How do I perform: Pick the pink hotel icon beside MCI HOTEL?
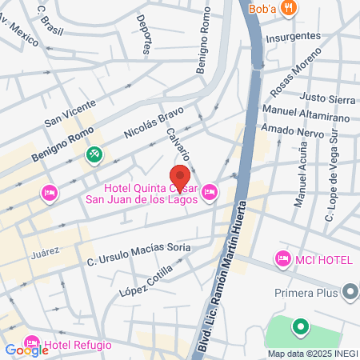pos(282,258)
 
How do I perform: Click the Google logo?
pos(26,350)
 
